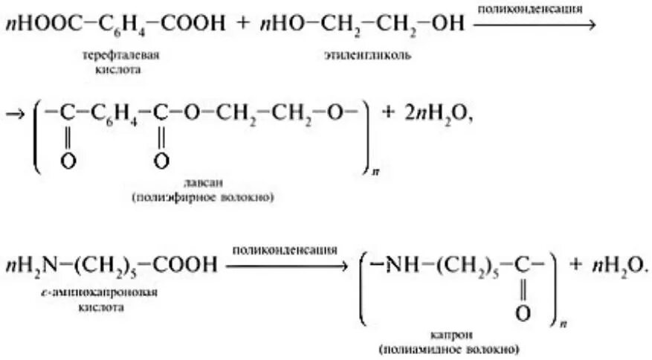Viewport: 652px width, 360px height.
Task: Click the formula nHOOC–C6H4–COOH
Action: point(114,24)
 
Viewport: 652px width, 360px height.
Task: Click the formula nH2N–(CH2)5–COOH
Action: point(112,265)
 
